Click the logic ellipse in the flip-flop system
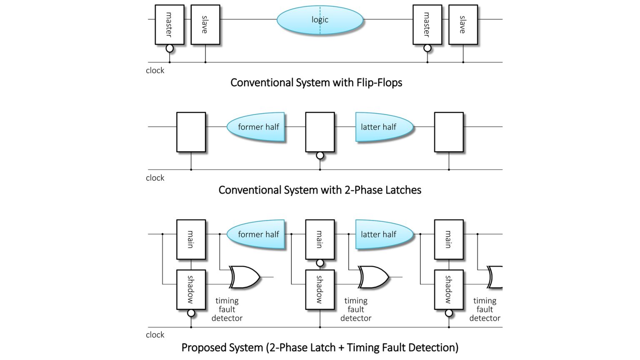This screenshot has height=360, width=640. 300,20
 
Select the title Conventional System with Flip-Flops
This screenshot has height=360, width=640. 316,82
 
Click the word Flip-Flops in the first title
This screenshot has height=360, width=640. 379,82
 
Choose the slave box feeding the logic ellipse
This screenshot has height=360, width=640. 205,25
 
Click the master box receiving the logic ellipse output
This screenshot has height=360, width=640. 427,25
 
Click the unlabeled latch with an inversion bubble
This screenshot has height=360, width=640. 320,132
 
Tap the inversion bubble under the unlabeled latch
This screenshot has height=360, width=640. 320,155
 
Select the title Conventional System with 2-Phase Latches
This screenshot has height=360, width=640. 320,190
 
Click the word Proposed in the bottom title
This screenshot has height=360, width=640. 201,347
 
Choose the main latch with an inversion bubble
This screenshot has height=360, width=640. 320,240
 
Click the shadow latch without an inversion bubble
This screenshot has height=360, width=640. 320,290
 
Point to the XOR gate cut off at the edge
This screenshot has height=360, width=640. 496,277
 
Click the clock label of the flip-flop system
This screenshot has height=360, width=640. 155,70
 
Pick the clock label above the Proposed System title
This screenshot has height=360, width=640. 155,335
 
